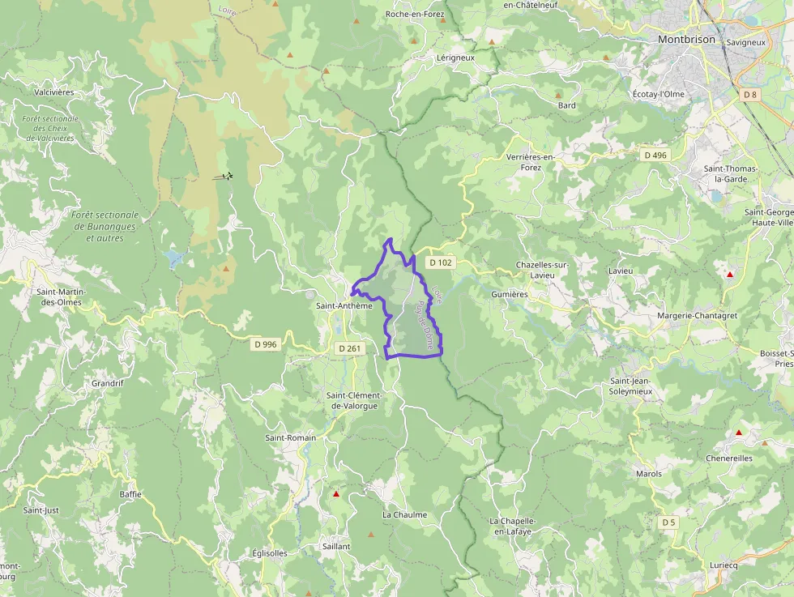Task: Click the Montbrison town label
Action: click(686, 38)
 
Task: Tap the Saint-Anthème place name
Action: click(344, 306)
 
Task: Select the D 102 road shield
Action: click(441, 262)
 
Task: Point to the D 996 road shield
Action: click(265, 344)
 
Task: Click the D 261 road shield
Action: click(350, 348)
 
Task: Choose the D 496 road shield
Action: click(655, 155)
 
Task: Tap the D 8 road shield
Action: click(750, 95)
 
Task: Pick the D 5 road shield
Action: click(668, 522)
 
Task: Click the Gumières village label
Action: click(509, 295)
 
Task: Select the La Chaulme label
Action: click(404, 514)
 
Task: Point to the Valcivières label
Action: click(54, 92)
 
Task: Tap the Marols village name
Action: click(648, 474)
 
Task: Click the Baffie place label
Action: click(130, 493)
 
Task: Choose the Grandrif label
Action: click(107, 383)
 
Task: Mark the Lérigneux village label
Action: click(455, 58)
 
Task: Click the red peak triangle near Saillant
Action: click(336, 493)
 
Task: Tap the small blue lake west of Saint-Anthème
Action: click(173, 258)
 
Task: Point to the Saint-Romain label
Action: click(291, 437)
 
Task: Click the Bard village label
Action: click(566, 105)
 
